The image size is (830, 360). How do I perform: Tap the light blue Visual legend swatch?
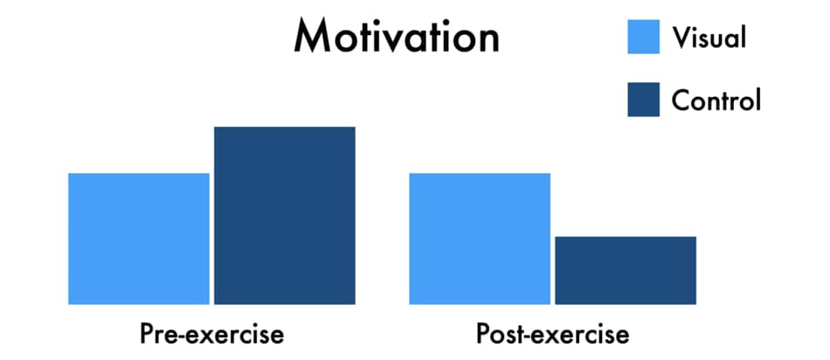(644, 37)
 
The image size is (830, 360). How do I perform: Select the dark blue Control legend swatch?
(644, 99)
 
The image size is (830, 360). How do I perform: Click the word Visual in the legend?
(709, 38)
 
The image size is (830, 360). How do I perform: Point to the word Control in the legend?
(716, 100)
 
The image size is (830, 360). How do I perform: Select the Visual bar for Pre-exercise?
(139, 239)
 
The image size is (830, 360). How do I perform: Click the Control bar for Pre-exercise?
(285, 216)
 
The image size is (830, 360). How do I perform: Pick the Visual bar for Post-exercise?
(480, 239)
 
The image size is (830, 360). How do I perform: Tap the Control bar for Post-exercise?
(626, 271)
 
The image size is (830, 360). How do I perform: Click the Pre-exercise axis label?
(211, 335)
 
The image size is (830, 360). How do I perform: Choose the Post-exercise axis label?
(553, 335)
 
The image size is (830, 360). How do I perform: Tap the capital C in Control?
(681, 100)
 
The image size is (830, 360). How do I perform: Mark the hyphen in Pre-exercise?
(180, 336)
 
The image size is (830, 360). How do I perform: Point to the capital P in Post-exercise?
(483, 335)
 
